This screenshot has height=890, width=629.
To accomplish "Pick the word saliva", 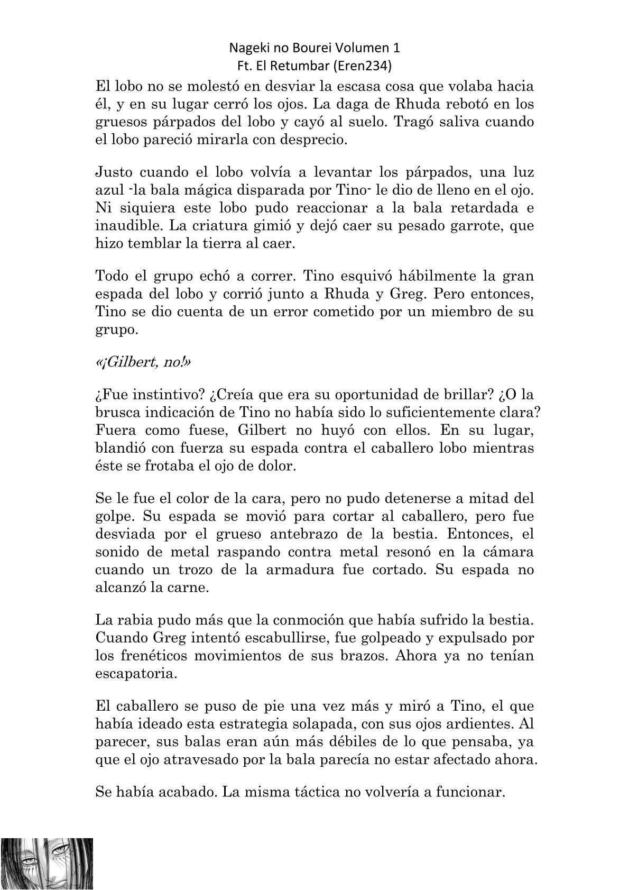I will (x=456, y=122).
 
